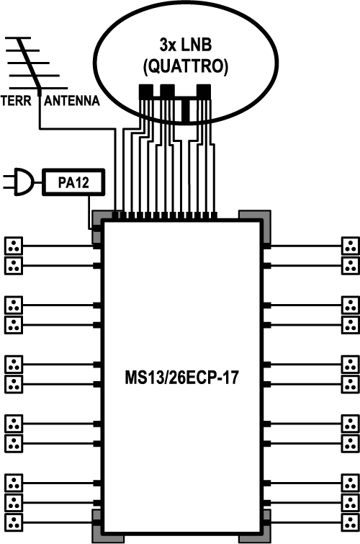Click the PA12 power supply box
[73, 182]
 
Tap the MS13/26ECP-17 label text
[181, 378]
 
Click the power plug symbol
[19, 182]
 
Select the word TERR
[16, 101]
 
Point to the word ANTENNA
[72, 101]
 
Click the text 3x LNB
[186, 45]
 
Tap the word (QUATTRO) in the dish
[186, 66]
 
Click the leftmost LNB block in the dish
[145, 92]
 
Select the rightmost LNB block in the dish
[204, 92]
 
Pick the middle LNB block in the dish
[167, 92]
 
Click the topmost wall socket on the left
[14, 246]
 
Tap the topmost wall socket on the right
[351, 246]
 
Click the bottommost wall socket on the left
[14, 522]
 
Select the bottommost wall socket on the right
[351, 522]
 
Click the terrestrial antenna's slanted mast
[29, 63]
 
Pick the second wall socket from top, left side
[14, 266]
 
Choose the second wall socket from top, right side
[351, 266]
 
